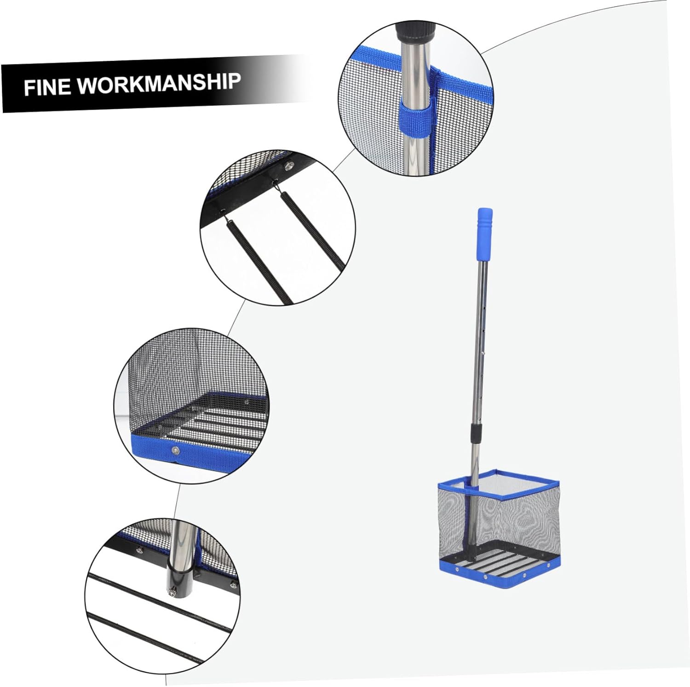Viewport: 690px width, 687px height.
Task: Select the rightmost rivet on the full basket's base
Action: [549, 564]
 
